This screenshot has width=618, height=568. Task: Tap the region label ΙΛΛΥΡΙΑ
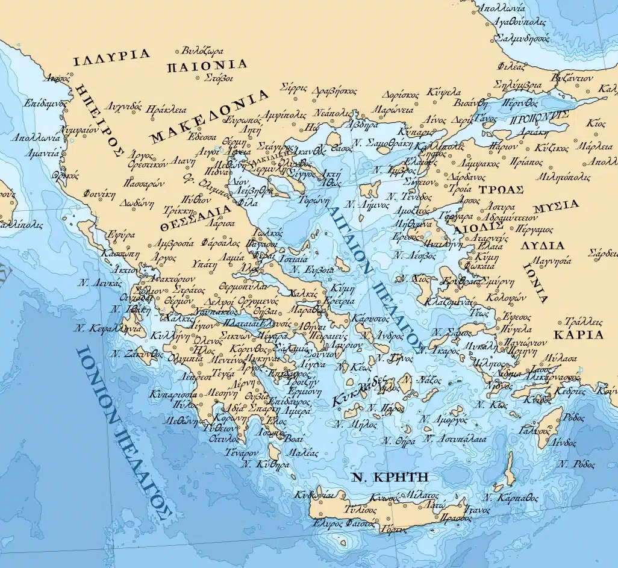pos(111,57)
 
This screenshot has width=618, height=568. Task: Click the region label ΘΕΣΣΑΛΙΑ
pos(196,217)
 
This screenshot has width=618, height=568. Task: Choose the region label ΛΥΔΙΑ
pos(543,246)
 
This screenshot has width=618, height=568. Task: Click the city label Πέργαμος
pos(532,229)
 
